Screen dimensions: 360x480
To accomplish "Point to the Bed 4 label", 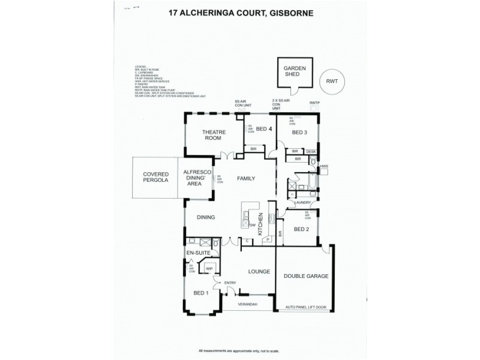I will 264,129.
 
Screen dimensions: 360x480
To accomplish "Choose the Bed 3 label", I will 299,132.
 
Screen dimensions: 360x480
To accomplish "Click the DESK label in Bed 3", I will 311,152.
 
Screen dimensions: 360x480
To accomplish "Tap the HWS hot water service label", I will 325,166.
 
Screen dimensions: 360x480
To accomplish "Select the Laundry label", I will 301,203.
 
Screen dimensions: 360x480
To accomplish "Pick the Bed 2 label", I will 301,230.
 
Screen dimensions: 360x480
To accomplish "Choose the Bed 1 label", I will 201,293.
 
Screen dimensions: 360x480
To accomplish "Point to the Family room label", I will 246,179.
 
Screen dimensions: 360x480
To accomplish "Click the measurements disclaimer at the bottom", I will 240,350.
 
